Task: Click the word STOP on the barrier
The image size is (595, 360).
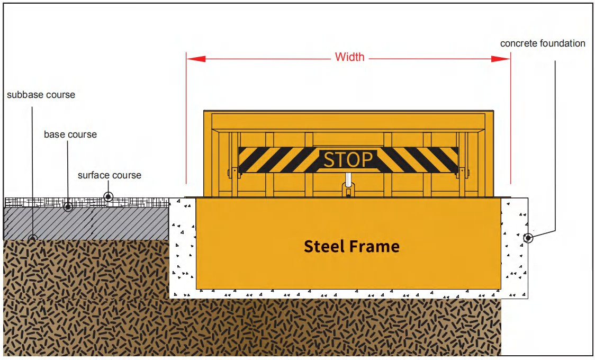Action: (348, 159)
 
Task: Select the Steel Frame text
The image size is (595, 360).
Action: (351, 246)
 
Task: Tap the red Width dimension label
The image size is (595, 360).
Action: (350, 57)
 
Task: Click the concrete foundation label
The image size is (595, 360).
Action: (543, 43)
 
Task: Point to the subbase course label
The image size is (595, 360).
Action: (41, 95)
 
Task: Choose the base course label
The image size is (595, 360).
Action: (70, 134)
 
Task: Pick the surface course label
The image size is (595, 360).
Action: (110, 175)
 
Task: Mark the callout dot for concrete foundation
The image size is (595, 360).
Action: (528, 238)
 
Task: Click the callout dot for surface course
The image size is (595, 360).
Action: (109, 197)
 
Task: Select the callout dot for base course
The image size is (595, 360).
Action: (68, 206)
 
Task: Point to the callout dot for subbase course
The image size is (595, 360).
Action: (33, 238)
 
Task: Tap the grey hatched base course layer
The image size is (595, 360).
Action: (85, 223)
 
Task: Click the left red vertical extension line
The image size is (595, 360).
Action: (186, 122)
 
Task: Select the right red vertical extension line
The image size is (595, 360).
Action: (510, 122)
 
